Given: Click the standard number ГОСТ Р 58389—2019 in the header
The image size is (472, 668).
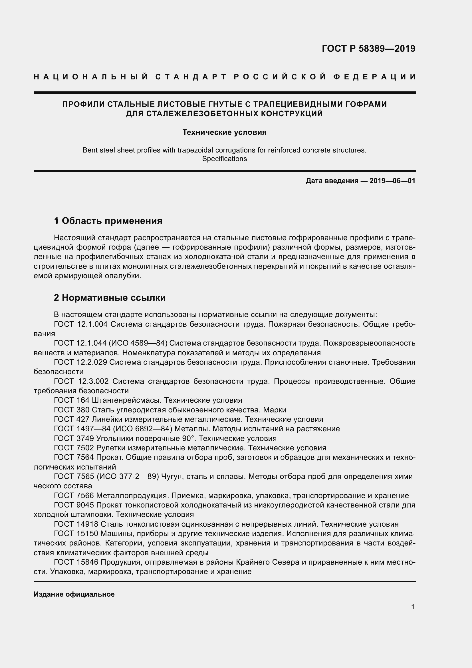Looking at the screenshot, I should point(368,48).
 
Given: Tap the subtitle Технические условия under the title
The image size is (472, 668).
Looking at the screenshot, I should point(224,133).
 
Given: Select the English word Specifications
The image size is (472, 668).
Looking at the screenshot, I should point(224,159).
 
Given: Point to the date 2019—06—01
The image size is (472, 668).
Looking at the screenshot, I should point(392,181).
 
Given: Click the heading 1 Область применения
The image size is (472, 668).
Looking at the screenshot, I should point(108,221).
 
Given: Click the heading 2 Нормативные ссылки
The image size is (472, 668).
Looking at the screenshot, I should point(110,298).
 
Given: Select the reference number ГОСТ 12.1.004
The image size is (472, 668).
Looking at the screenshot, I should point(81,324).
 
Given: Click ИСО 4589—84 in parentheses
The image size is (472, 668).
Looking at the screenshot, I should point(138,343).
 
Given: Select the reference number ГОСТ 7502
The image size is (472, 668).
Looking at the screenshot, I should point(74,448).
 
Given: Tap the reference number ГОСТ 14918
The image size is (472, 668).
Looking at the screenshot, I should point(76,524).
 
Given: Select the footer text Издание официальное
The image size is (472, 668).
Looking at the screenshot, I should point(74,594).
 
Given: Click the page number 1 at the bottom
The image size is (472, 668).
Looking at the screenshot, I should point(413,607).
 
